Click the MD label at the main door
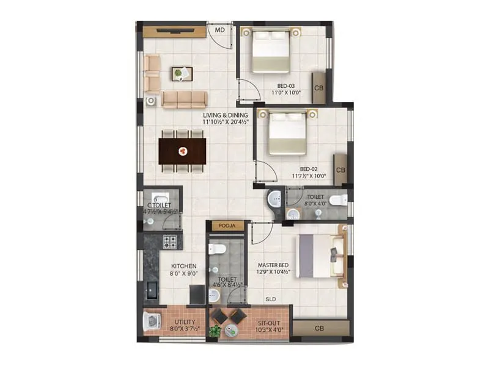219,29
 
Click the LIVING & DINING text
226,115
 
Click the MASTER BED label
273,265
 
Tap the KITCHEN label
183,266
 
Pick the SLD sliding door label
270,300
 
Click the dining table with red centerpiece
182,151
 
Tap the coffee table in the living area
182,74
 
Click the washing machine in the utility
150,321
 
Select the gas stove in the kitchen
169,242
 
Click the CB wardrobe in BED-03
318,87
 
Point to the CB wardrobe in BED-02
340,170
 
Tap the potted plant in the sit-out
215,331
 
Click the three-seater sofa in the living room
184,99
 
